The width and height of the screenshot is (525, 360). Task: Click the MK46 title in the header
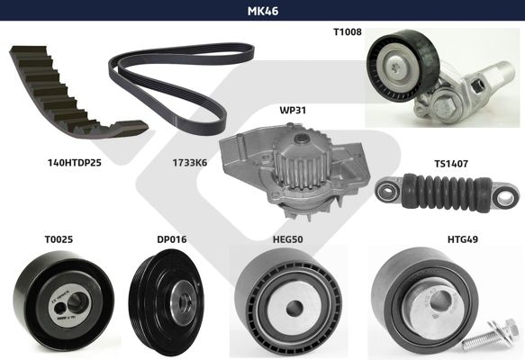(263, 11)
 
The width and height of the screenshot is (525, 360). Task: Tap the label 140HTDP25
(75, 163)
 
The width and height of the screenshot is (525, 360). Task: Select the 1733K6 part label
(190, 163)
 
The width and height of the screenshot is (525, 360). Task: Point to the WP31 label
(293, 110)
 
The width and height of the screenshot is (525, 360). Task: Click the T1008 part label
(348, 31)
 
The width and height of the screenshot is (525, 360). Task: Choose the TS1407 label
(451, 164)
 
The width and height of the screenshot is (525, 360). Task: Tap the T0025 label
(59, 239)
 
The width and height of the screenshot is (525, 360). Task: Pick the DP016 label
(172, 239)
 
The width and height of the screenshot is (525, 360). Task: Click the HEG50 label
(288, 239)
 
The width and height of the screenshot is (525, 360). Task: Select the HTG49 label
(463, 239)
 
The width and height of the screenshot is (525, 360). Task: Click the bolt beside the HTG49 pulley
(491, 335)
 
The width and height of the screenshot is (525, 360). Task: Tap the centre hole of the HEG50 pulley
(294, 306)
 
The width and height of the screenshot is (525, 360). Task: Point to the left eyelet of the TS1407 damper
(387, 192)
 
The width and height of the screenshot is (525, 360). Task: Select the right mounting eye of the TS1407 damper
(504, 197)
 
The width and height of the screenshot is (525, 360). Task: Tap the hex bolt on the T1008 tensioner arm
(444, 106)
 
